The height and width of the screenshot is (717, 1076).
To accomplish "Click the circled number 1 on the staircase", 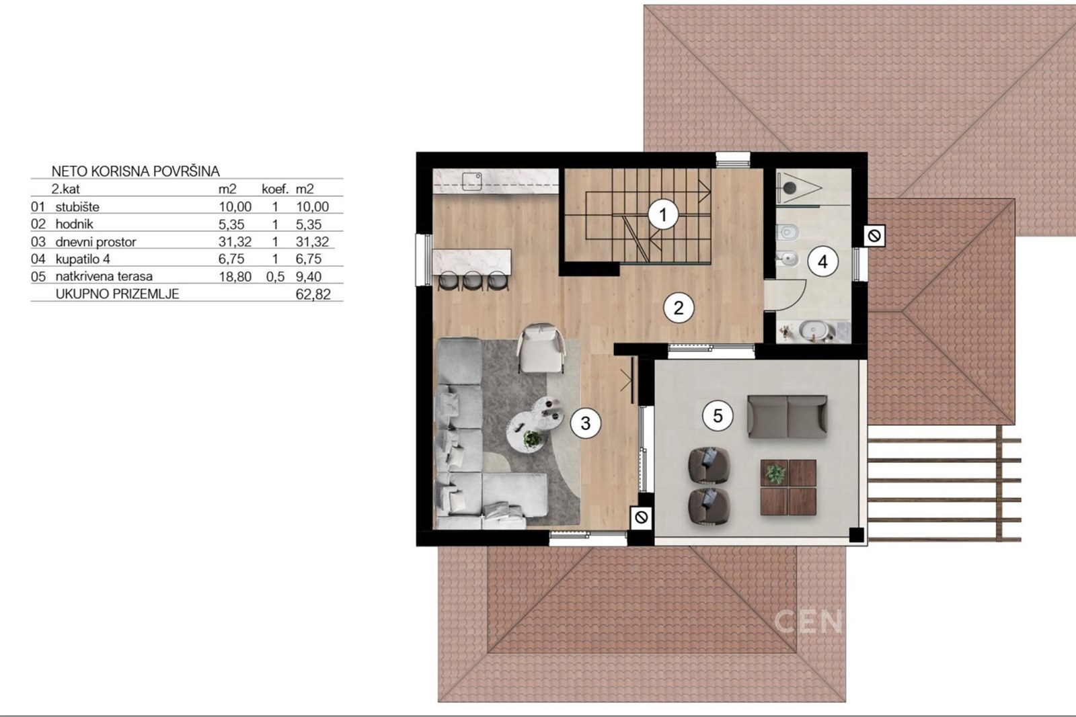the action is tap(663, 214).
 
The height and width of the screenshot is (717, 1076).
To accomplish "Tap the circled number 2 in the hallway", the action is tap(679, 308).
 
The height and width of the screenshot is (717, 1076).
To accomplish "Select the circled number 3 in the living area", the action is tap(585, 423).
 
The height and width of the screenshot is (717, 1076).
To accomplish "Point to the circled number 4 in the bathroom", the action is tap(822, 262).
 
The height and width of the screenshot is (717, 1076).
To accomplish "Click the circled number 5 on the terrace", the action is tap(718, 415).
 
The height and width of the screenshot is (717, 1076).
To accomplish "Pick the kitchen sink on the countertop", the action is tap(471, 181).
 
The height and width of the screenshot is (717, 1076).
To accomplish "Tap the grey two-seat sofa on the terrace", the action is tap(787, 417).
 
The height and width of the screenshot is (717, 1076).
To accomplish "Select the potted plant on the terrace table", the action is tap(775, 474).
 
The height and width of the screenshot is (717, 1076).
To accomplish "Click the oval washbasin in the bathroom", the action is tap(813, 330).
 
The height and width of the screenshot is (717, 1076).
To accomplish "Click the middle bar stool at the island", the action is tap(473, 281).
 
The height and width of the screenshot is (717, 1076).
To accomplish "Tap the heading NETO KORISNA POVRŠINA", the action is tap(135, 171).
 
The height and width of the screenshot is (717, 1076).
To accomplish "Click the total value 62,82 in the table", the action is tap(313, 294).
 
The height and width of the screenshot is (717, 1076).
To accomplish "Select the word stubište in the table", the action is tap(77, 207).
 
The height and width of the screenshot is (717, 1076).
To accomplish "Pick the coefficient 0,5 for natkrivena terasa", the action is tap(275, 277).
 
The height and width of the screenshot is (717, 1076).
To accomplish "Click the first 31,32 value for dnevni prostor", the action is tap(235, 242).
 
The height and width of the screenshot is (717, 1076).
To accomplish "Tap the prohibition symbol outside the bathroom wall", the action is tap(874, 236).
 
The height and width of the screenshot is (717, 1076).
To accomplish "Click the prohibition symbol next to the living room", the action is tap(642, 517).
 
